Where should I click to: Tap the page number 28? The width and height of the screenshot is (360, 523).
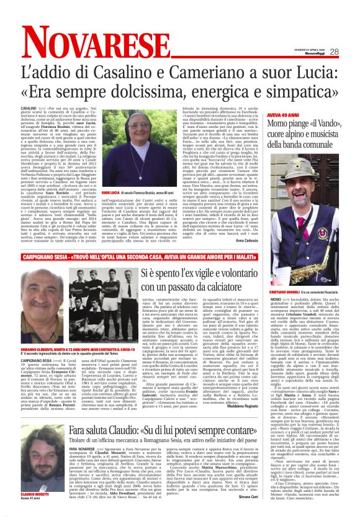tap(351, 52)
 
